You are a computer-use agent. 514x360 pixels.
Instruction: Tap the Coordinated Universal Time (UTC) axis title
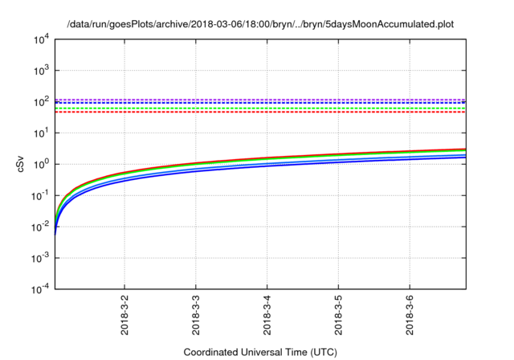259,352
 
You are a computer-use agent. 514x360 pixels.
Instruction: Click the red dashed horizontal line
257,112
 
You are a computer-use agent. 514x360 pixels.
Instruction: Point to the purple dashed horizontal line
257,100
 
